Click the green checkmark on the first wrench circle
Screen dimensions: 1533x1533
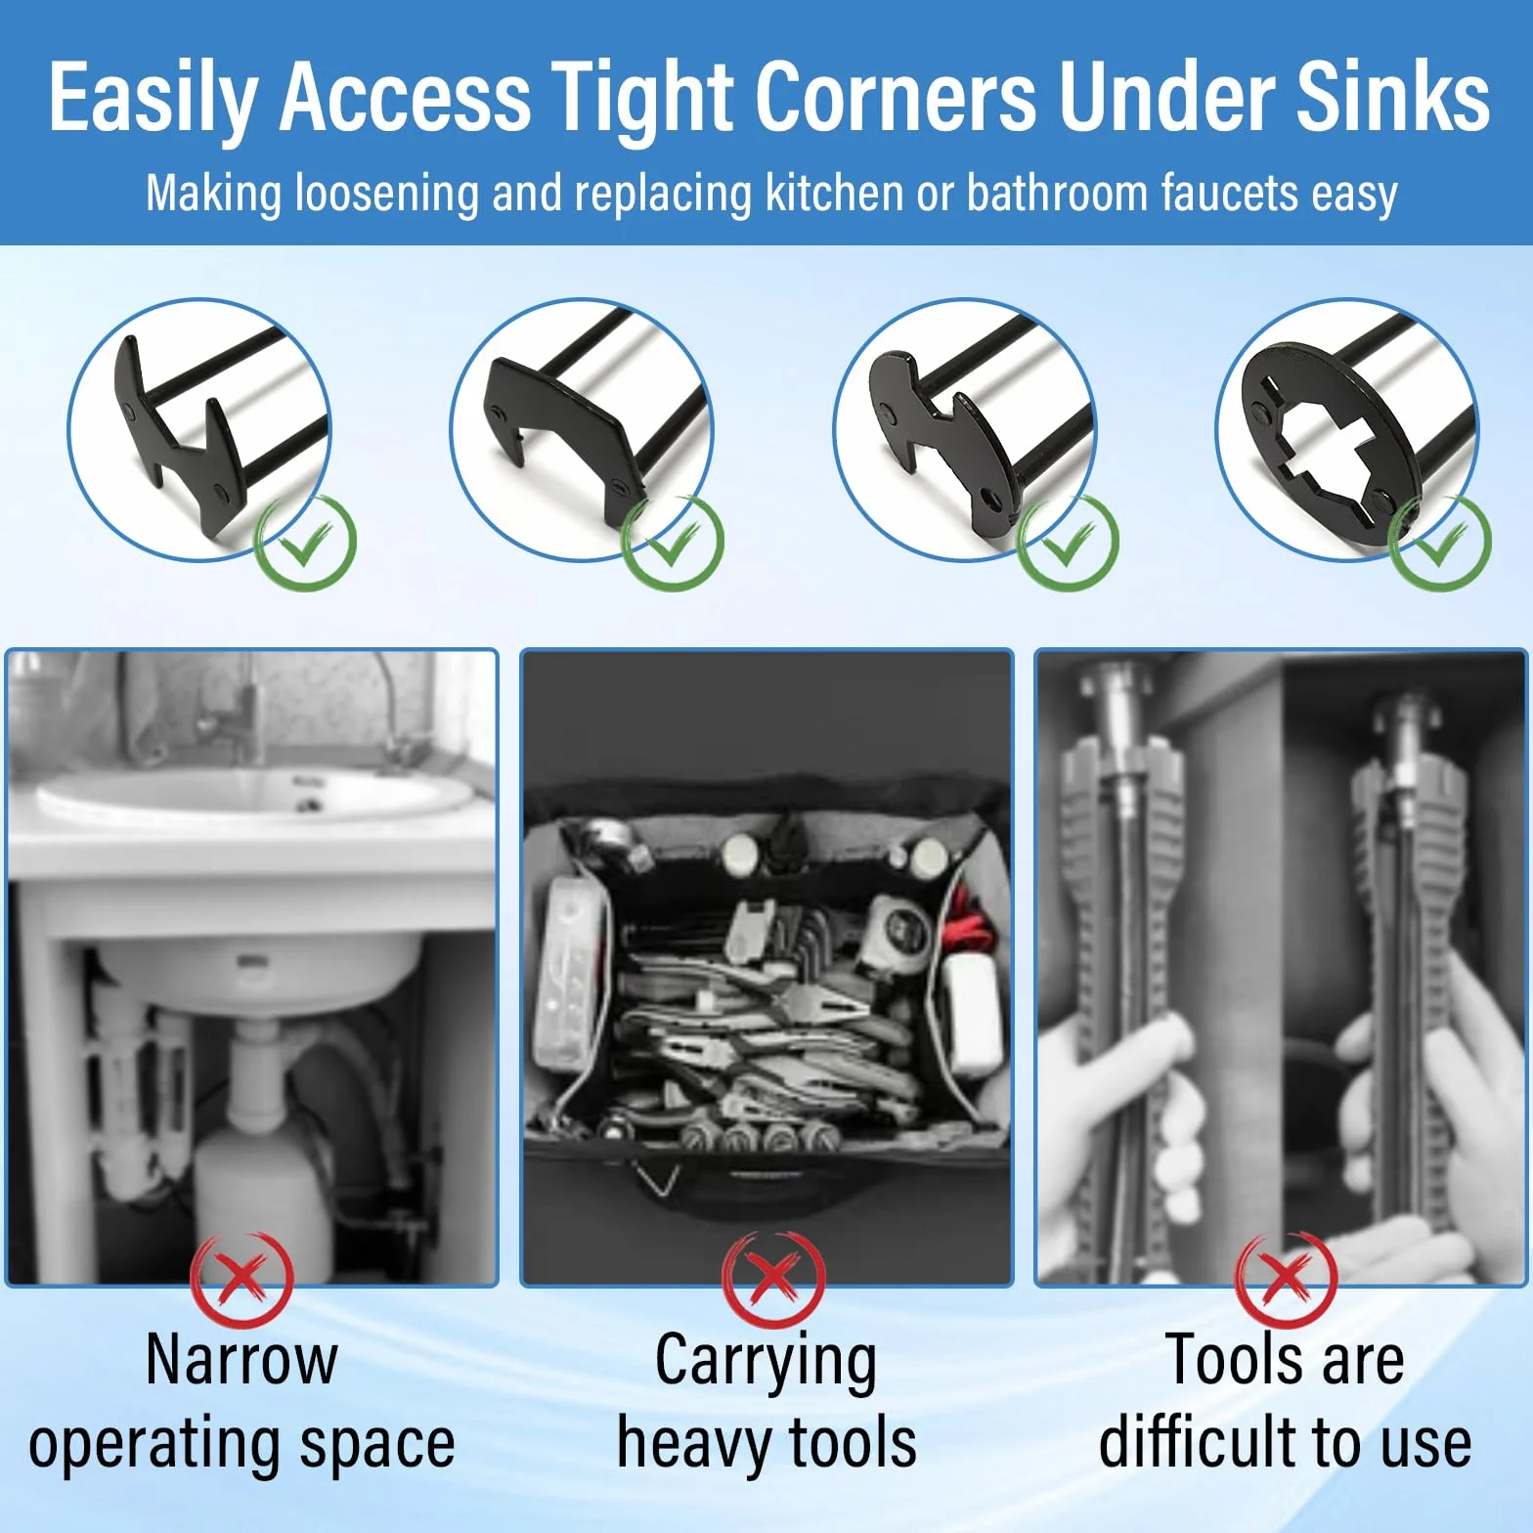pos(305,542)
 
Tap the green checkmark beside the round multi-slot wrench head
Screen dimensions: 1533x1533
pos(1440,542)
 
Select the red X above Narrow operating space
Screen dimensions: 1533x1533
pos(241,1279)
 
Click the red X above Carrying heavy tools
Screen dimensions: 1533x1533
pos(772,1279)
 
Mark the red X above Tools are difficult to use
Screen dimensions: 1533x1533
pos(1287,1279)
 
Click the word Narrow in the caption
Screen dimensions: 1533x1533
pos(241,1360)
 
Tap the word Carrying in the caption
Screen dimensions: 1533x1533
pos(766,1364)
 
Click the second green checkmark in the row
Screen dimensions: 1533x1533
pos(673,542)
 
